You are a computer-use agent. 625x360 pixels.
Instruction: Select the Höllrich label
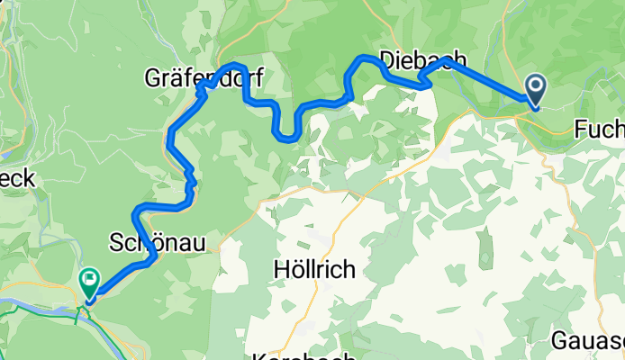click(313, 268)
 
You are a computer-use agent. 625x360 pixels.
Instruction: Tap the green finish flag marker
click(90, 280)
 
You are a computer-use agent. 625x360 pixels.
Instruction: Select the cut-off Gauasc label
click(587, 341)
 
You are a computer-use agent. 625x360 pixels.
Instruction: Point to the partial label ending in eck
click(17, 179)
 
